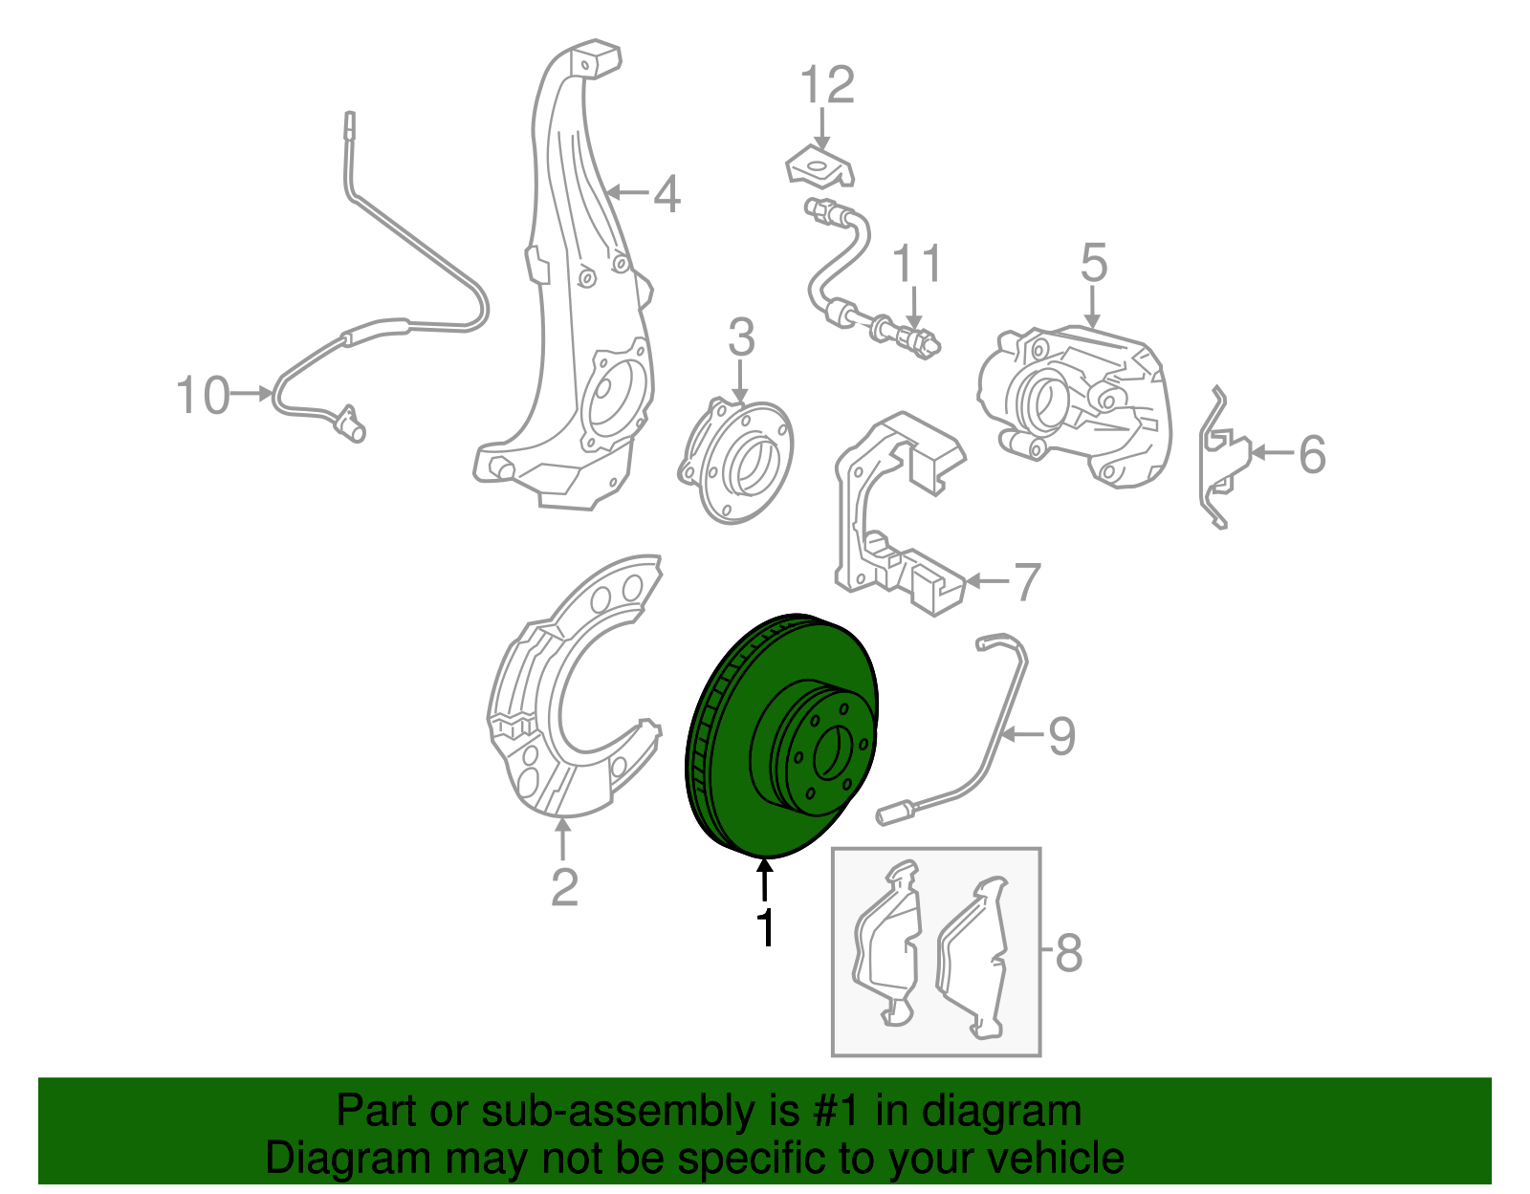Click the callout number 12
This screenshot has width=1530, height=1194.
[x=827, y=84]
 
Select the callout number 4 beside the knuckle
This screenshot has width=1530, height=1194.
[x=667, y=193]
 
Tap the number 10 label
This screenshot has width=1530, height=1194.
[x=203, y=395]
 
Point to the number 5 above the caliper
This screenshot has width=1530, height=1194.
[x=1094, y=263]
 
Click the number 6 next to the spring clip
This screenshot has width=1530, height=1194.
[x=1312, y=454]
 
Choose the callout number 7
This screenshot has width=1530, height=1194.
[x=1027, y=582]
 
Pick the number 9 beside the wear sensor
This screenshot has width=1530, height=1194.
[x=1062, y=736]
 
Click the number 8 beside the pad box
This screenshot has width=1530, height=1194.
[x=1069, y=953]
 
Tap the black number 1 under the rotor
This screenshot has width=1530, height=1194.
[x=765, y=928]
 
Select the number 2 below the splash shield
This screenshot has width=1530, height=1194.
[x=565, y=888]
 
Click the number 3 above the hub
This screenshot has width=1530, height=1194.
[x=741, y=337]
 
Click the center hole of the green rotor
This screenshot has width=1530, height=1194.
[x=828, y=753]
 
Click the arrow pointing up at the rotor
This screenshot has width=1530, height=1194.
[x=765, y=879]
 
